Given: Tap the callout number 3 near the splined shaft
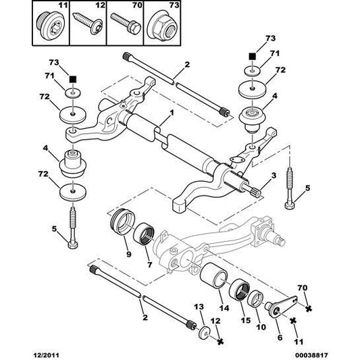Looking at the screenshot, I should tap(272, 175).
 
